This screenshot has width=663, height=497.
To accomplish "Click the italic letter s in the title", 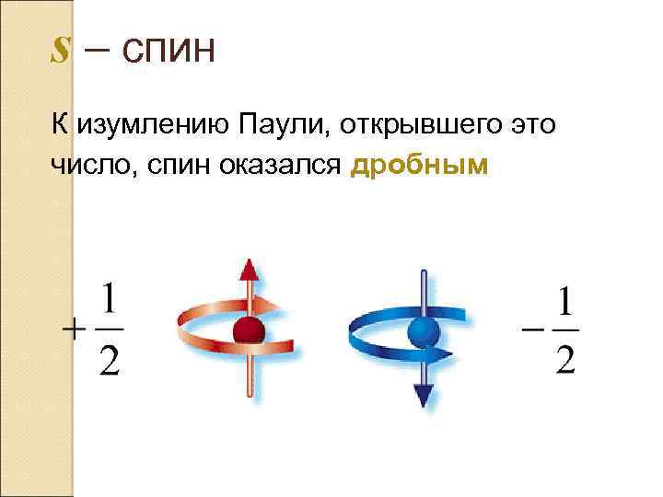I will pos(60,50).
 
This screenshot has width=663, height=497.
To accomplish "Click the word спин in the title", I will pos(167,50).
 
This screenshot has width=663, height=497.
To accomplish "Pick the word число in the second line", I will pos(89,166).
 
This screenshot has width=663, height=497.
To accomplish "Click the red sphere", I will pos(249,330).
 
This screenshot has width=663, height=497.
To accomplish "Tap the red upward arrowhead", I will pos(248,269).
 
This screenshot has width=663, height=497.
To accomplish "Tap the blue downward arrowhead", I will pos(423,395).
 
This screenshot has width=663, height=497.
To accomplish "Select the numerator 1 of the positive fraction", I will pos(110,302).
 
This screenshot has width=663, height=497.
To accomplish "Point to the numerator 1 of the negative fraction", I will pos(566,301).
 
